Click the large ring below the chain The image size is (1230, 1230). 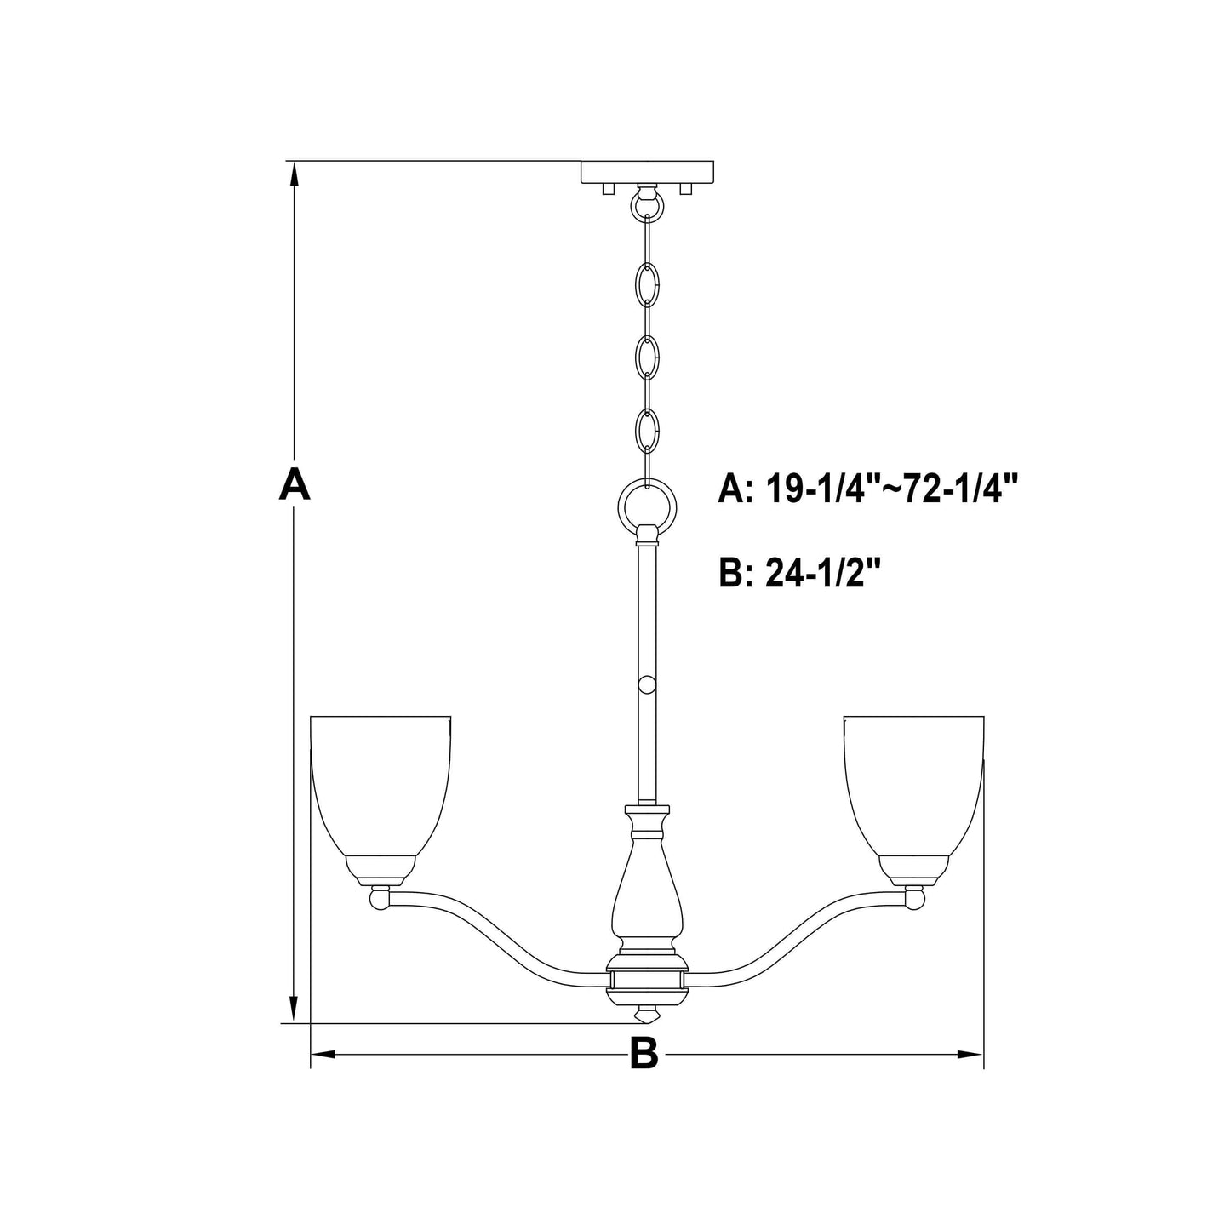648,510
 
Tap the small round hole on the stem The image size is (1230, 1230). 648,661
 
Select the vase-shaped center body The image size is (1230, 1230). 647,894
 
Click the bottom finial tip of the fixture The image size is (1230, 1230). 648,1015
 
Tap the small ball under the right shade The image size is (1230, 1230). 914,898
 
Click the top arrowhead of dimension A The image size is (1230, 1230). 295,173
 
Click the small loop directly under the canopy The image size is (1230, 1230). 648,204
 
